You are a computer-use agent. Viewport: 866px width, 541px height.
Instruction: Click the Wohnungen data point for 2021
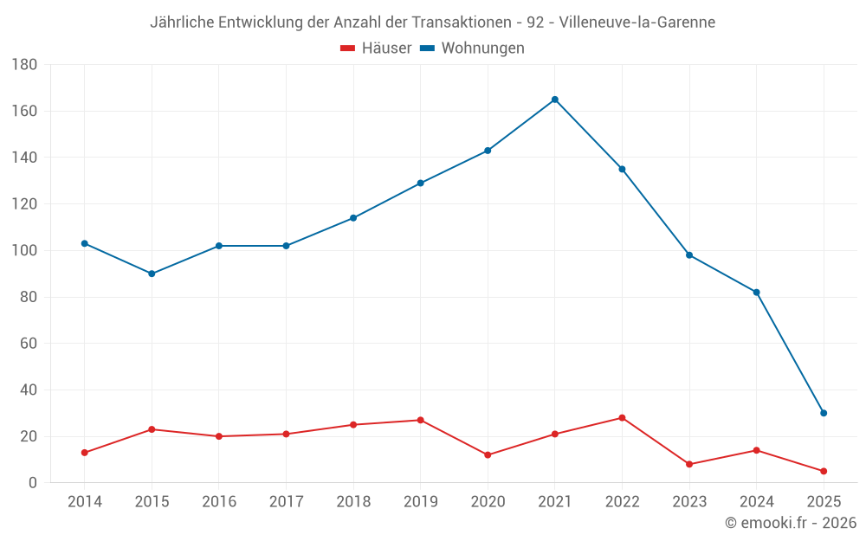555,100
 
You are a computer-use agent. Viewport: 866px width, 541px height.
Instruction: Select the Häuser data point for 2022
622,418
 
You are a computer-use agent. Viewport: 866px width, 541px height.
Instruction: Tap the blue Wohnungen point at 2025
824,413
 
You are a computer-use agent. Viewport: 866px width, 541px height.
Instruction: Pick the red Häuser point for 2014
85,453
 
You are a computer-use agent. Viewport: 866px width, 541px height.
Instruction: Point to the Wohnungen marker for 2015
152,274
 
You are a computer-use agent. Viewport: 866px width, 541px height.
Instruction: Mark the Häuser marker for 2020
488,454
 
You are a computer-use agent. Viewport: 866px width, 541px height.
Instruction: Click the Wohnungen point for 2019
421,184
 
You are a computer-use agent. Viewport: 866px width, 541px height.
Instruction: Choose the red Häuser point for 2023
689,464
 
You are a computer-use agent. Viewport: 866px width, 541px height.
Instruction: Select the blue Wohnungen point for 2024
756,293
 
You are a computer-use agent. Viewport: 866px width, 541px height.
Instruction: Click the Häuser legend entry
376,48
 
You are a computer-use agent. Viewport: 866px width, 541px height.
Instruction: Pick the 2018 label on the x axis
353,502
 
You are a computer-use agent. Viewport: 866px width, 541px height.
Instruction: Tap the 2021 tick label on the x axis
555,502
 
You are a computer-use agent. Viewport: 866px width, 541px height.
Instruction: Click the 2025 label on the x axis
824,502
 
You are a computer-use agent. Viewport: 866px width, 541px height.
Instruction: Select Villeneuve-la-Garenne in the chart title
637,22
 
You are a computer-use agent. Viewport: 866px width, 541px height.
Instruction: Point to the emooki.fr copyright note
791,523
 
